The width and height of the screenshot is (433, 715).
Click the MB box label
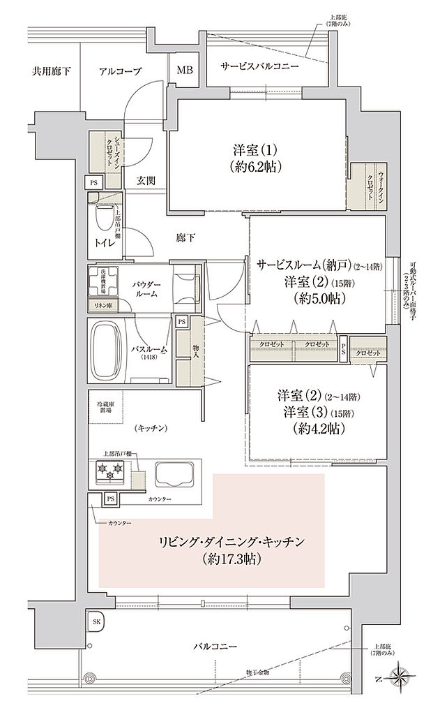point(185,70)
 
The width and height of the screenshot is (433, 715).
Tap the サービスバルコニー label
point(259,66)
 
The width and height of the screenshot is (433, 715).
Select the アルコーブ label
point(120,71)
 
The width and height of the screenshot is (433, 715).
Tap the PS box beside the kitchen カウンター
point(110,499)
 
